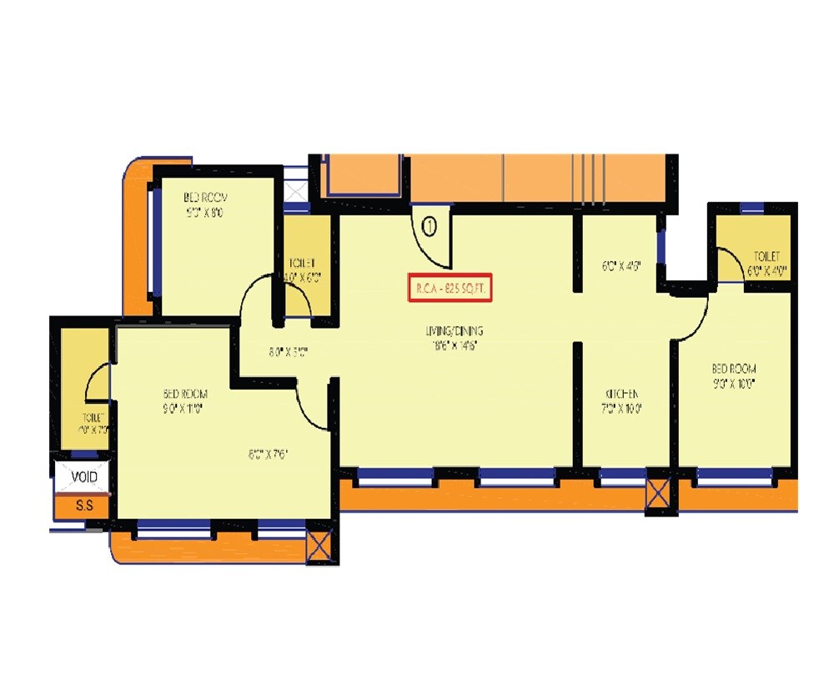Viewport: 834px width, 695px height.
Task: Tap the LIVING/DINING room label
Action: click(457, 331)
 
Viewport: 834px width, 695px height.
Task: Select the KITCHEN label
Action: click(622, 394)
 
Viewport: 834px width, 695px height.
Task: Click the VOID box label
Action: click(83, 477)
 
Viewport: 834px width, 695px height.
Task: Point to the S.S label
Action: click(83, 506)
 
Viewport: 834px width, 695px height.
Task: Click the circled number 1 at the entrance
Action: click(430, 224)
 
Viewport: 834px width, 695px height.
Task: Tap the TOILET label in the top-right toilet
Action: click(766, 256)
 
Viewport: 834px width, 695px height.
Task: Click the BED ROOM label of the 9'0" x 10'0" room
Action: click(734, 369)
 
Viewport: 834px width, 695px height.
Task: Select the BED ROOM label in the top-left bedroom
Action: click(206, 198)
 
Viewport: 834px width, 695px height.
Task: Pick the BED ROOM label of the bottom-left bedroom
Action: click(185, 394)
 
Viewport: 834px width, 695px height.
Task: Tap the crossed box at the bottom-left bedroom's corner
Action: click(319, 547)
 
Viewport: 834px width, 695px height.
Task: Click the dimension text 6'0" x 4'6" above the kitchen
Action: click(622, 268)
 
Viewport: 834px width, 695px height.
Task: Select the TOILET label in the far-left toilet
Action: click(93, 417)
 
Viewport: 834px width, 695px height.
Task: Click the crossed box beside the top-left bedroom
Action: click(296, 188)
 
